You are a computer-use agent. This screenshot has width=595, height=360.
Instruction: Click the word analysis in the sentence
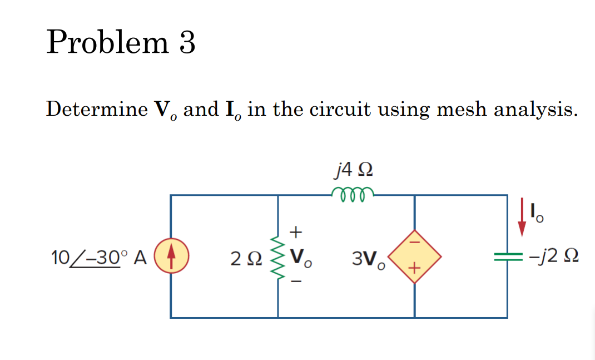pyautogui.click(x=534, y=110)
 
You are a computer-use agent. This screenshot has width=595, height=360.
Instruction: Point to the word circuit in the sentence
pyautogui.click(x=340, y=109)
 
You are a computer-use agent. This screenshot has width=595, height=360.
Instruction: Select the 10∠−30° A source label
pyautogui.click(x=98, y=257)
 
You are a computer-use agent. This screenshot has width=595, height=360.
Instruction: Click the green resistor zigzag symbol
pyautogui.click(x=277, y=257)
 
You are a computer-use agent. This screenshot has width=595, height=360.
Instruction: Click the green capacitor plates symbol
pyautogui.click(x=507, y=257)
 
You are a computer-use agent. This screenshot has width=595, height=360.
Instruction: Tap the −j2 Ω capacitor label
pyautogui.click(x=553, y=257)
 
